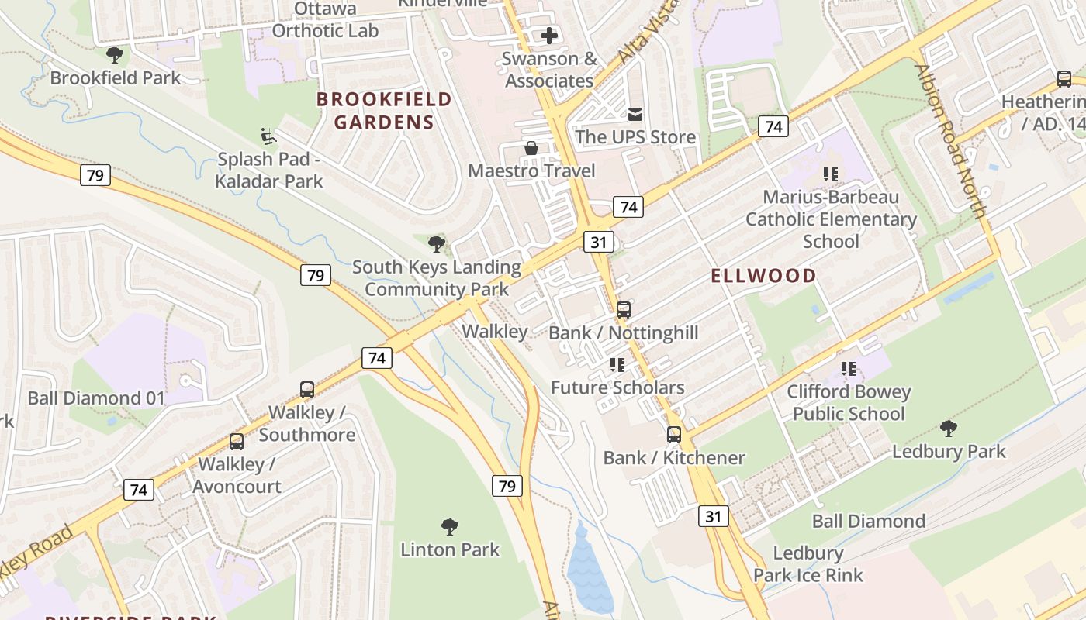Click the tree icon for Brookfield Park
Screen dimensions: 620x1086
[x=115, y=55]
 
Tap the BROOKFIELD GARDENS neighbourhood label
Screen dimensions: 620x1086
[x=384, y=111]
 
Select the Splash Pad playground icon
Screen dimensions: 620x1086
[x=268, y=136]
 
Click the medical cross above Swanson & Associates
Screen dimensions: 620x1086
[x=549, y=35]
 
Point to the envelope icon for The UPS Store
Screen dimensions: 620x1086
[x=635, y=115]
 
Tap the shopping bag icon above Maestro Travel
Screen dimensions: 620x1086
[x=531, y=148]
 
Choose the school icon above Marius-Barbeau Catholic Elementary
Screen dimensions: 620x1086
[x=831, y=174]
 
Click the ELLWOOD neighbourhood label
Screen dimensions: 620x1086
[x=764, y=276]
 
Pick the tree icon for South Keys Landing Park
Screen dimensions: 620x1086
[x=437, y=244]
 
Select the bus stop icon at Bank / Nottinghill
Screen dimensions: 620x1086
[x=623, y=310]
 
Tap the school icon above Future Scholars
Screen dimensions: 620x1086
[x=617, y=364]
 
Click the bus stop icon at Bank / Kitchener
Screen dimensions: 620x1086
[x=673, y=435]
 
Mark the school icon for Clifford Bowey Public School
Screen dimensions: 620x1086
[x=849, y=369]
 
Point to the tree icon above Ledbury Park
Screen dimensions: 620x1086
[x=948, y=429]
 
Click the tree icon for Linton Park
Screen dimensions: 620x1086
[x=449, y=527]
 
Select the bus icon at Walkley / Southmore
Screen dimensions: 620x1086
[x=307, y=389]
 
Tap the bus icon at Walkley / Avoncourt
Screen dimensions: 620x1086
[x=237, y=442]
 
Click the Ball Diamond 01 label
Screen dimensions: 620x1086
[x=96, y=398]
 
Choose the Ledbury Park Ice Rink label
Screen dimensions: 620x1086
[x=808, y=564]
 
